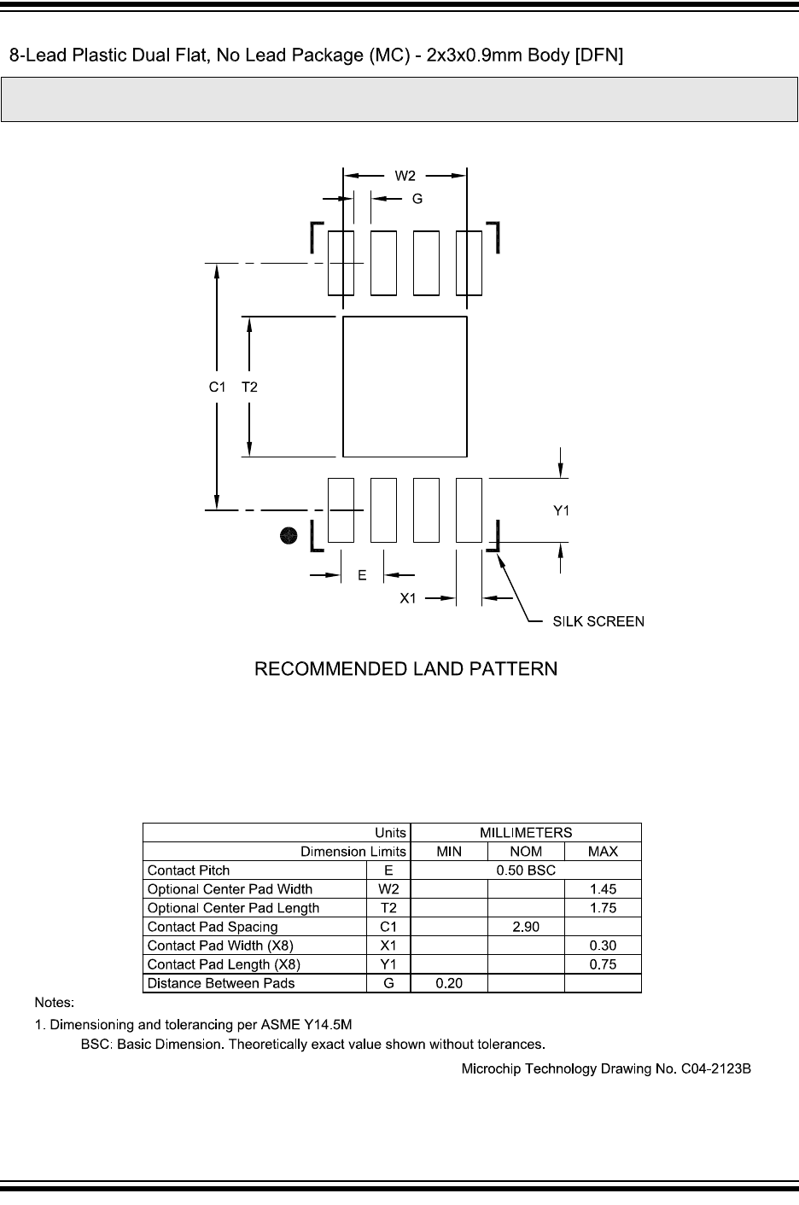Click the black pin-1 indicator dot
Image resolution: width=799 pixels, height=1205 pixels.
point(289,535)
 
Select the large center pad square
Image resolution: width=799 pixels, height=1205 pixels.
point(405,387)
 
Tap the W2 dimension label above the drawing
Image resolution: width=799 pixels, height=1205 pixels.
point(405,176)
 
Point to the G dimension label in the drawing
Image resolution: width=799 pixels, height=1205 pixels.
point(417,199)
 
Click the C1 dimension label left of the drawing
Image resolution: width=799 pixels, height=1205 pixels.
point(217,387)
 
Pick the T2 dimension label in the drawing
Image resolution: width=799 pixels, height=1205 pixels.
point(249,387)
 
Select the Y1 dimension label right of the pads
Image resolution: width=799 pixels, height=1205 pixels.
point(561,510)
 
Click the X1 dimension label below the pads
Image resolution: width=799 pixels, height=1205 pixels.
point(408,598)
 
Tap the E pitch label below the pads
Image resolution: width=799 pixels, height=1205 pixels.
point(362,575)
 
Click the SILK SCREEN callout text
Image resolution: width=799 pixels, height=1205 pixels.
point(598,621)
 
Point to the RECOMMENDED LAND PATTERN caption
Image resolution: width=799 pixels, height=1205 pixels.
point(405,669)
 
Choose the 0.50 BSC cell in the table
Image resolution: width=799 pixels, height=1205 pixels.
point(526,870)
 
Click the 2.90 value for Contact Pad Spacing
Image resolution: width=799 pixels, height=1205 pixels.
point(526,927)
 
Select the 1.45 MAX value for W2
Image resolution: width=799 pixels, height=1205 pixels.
point(603,889)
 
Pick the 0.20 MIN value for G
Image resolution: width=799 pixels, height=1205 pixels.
point(449,983)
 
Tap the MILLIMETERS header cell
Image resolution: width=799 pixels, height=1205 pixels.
point(526,833)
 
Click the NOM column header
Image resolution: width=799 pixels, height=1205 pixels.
point(526,852)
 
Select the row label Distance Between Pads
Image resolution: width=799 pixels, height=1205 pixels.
point(220,983)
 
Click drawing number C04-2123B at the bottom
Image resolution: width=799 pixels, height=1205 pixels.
point(715,1069)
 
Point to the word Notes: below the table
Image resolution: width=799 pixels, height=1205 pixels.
point(55,1002)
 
